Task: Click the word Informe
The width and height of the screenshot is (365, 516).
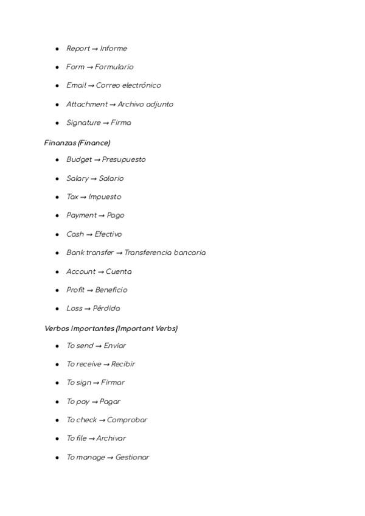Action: coord(114,49)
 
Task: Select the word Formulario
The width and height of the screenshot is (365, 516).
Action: coord(114,67)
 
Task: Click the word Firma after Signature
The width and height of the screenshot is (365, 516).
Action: coord(121,122)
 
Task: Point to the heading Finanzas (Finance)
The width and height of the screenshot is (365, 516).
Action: coord(77,143)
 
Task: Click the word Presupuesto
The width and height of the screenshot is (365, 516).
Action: coord(124,159)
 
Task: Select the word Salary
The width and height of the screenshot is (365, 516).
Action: coord(77,178)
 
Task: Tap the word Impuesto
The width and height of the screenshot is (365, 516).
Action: coord(105,197)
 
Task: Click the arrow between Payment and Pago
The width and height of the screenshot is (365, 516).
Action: coord(102,215)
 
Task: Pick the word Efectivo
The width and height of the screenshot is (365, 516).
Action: coord(108,234)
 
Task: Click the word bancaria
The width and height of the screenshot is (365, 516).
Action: coord(190,253)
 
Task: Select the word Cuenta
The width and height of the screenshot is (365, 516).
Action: coord(119,271)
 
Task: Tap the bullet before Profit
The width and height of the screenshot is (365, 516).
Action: coord(57,290)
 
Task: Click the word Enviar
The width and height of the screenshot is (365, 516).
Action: coord(115,346)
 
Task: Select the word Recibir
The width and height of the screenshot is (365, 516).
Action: coord(123,364)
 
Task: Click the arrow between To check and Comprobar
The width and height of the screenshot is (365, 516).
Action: coord(102,420)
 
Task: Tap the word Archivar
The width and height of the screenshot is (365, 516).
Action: coord(111,438)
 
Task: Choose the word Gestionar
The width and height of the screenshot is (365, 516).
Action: coord(132,457)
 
